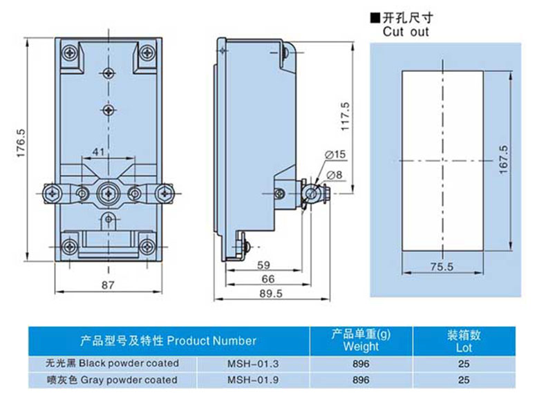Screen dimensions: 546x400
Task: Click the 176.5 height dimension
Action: point(21,143)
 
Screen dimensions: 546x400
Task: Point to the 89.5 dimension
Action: point(272,294)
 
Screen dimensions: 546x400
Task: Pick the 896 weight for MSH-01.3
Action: point(361,363)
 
